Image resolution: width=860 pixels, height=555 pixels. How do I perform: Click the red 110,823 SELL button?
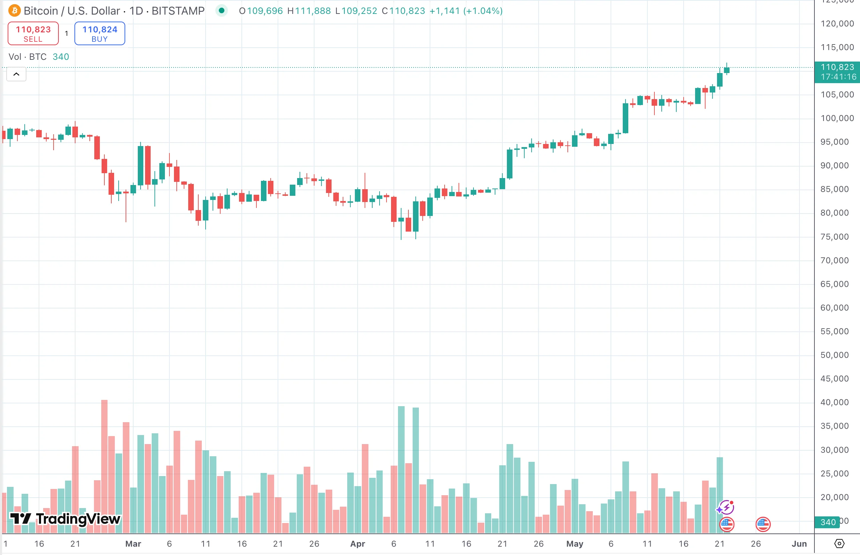[33, 33]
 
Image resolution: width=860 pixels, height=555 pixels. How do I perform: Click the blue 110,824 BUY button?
[99, 33]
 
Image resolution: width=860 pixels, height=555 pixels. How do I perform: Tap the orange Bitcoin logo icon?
[14, 11]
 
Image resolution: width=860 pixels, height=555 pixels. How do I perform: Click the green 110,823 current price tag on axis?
[837, 72]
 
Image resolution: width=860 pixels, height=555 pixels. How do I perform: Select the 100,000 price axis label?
[837, 118]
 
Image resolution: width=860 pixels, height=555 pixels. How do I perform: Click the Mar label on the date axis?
[133, 544]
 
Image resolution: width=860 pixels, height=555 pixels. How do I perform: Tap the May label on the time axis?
[574, 544]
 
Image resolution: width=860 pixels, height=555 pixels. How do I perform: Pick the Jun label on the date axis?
[799, 544]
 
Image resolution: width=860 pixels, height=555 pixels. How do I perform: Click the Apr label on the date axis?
[358, 544]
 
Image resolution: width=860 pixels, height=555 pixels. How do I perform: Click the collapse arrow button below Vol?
[16, 74]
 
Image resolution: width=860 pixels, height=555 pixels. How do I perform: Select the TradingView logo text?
[66, 519]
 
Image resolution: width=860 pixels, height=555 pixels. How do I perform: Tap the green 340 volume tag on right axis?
[828, 522]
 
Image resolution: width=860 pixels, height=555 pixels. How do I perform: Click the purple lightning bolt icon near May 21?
[726, 508]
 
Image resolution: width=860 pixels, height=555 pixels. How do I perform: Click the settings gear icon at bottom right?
[839, 544]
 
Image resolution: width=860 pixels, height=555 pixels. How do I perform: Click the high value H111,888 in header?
[309, 11]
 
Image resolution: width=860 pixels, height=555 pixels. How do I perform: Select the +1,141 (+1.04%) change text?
[466, 11]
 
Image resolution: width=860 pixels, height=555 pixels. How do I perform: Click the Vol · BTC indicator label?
[27, 57]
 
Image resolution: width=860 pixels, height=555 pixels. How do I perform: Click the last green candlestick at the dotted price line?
[727, 70]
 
